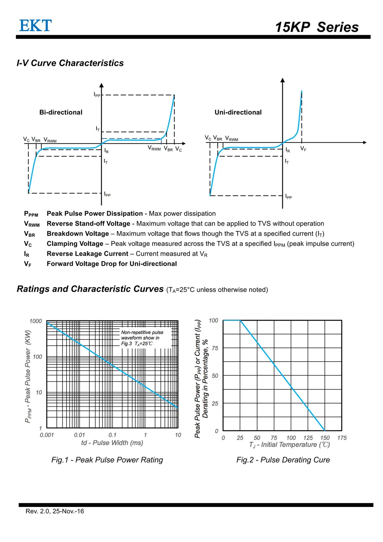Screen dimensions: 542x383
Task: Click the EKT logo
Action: click(x=35, y=26)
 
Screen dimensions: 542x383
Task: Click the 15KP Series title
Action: click(x=316, y=27)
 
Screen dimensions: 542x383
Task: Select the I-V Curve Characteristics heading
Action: click(x=70, y=63)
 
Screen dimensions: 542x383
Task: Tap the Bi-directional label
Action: click(x=61, y=112)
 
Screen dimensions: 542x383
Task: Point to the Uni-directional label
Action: click(x=238, y=112)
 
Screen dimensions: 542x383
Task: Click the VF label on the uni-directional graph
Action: click(x=303, y=149)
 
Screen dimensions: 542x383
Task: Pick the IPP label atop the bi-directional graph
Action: click(x=97, y=95)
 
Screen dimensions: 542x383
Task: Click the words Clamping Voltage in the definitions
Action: click(x=75, y=244)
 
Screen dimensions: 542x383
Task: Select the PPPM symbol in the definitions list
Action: click(x=31, y=214)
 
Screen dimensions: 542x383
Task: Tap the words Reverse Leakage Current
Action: click(x=88, y=254)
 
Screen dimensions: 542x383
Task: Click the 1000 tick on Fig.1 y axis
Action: click(x=35, y=321)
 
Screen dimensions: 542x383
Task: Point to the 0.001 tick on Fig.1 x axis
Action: click(x=47, y=435)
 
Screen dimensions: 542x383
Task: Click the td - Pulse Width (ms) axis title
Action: click(x=112, y=443)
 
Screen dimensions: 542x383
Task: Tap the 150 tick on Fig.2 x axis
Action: click(x=325, y=438)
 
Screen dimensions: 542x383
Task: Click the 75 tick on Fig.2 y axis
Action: click(x=215, y=348)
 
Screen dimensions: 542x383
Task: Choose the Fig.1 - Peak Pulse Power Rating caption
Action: click(x=107, y=460)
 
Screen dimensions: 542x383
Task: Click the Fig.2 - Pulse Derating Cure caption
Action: click(x=283, y=460)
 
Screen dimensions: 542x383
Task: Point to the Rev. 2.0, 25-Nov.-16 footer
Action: click(x=55, y=511)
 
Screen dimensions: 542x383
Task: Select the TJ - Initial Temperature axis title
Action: click(x=289, y=445)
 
